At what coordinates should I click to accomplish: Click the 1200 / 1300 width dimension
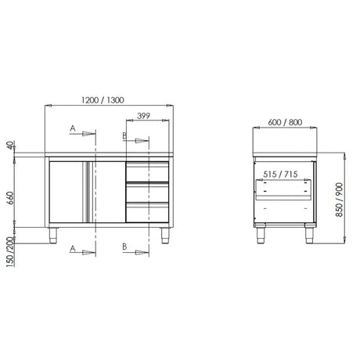pos(103,100)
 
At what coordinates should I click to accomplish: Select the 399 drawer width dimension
pos(143,116)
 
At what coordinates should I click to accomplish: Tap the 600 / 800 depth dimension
pos(285,122)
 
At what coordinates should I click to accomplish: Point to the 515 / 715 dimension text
pos(280,174)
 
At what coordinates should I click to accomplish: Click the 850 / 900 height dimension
pos(339,200)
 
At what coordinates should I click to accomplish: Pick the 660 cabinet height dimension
pos(10,198)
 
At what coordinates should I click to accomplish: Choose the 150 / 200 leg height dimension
pos(10,252)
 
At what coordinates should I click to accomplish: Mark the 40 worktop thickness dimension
pos(10,145)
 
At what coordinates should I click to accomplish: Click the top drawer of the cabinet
pos(147,171)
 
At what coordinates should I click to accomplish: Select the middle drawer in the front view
pos(147,192)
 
